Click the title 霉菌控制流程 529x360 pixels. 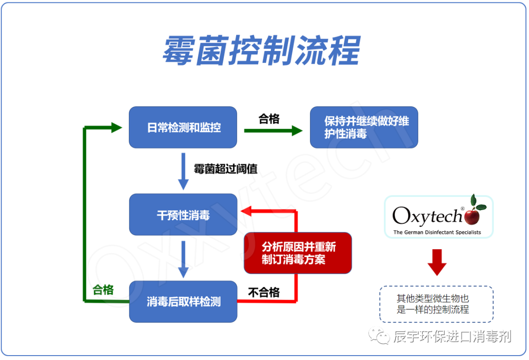coord(262,51)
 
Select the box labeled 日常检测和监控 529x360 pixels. coord(183,128)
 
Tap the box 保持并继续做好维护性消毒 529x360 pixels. coord(364,127)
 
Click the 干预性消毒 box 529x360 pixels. coord(183,215)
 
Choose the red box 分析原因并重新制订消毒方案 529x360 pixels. coord(298,253)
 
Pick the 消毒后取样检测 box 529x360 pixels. coord(183,302)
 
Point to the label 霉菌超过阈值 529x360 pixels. coord(225,169)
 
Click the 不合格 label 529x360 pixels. coord(264,292)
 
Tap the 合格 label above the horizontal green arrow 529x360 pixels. coord(269,119)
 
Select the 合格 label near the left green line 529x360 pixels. coord(103,290)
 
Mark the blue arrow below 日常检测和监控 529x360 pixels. coord(183,171)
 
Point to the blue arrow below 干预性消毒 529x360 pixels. coord(183,259)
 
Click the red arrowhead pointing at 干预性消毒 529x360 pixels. coord(245,211)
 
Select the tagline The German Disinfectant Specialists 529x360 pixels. coord(437,232)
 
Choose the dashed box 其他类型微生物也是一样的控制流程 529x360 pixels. coord(436,304)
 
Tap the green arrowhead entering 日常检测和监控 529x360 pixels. coord(116,128)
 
